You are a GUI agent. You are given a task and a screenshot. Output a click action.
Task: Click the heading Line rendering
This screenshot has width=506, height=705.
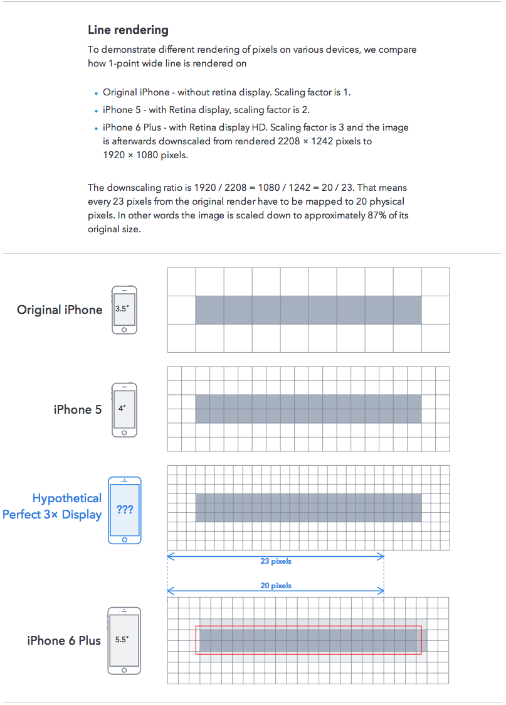click(x=128, y=30)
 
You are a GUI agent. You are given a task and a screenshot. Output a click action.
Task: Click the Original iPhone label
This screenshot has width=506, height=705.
click(x=60, y=309)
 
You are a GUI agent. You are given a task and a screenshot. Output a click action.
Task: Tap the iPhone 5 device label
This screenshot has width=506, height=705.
click(x=78, y=409)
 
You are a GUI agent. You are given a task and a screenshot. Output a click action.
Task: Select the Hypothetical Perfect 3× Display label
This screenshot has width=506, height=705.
click(x=53, y=506)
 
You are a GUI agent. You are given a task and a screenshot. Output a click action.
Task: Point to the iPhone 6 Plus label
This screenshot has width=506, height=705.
click(x=64, y=640)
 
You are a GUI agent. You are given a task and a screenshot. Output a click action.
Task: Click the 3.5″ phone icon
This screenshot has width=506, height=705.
click(x=124, y=309)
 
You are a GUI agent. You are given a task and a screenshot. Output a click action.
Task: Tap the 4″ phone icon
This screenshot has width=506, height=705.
click(x=124, y=409)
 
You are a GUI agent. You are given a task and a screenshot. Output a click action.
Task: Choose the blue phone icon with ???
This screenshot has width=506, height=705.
click(x=125, y=510)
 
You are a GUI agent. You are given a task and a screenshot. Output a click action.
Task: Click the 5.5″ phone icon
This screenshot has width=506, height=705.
click(x=124, y=640)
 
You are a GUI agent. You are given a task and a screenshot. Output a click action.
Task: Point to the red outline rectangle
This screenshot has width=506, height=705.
click(x=308, y=626)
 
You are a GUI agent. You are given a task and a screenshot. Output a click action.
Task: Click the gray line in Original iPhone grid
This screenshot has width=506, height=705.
click(x=308, y=309)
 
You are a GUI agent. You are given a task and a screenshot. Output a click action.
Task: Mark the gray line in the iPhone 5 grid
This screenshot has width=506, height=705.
click(x=308, y=409)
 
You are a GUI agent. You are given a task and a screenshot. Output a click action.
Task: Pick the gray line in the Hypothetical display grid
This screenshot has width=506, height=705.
click(x=308, y=508)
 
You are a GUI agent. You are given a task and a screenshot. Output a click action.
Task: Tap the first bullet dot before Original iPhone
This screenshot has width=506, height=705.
click(x=96, y=94)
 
